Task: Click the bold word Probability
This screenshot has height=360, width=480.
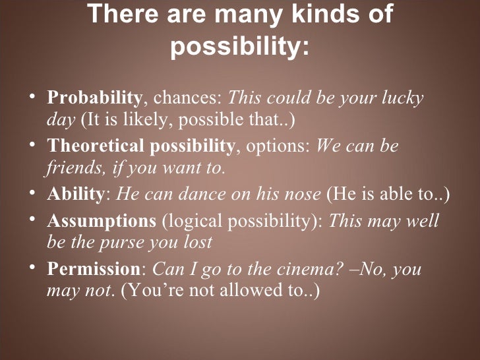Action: click(94, 99)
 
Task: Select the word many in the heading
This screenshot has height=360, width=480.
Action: click(229, 15)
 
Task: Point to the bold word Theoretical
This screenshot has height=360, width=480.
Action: click(92, 146)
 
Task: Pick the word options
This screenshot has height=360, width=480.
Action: click(277, 146)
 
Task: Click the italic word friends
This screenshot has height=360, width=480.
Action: click(70, 168)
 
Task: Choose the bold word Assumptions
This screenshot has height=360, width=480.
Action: click(100, 220)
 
